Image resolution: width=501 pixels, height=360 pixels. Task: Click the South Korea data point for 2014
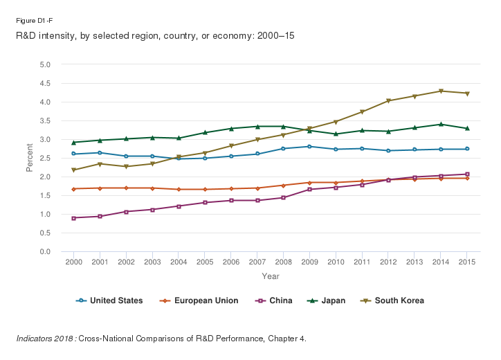point(441,91)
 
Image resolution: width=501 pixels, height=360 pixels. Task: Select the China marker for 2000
point(74,218)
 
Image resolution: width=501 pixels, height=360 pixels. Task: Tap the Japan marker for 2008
point(283,127)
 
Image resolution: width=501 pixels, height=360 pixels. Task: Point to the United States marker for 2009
point(309,147)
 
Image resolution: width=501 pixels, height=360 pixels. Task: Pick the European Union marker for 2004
point(179,190)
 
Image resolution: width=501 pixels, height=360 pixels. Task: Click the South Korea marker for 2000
point(74,170)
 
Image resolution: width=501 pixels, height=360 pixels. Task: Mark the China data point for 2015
point(467,174)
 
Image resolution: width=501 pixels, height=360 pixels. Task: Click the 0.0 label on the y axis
point(46,252)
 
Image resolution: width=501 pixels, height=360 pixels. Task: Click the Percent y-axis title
point(30,159)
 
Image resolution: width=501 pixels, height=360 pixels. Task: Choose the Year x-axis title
point(271,276)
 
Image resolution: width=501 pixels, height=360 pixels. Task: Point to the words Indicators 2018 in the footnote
point(46,339)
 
